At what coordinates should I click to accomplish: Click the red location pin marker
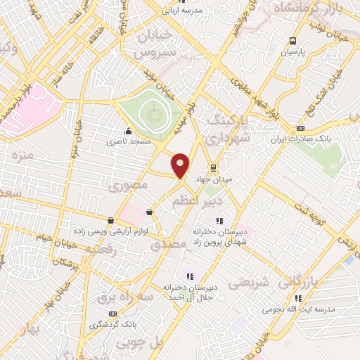click(181, 166)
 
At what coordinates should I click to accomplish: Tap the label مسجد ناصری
click(129, 141)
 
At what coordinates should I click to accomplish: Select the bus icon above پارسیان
click(292, 41)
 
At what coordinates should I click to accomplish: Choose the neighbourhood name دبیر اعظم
click(198, 202)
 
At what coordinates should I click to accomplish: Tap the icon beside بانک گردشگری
click(111, 314)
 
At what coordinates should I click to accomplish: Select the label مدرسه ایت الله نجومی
click(300, 309)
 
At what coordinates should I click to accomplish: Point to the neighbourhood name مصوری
click(128, 186)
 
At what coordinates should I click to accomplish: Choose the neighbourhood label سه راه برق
click(126, 298)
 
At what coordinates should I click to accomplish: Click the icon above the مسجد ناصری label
click(129, 131)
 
